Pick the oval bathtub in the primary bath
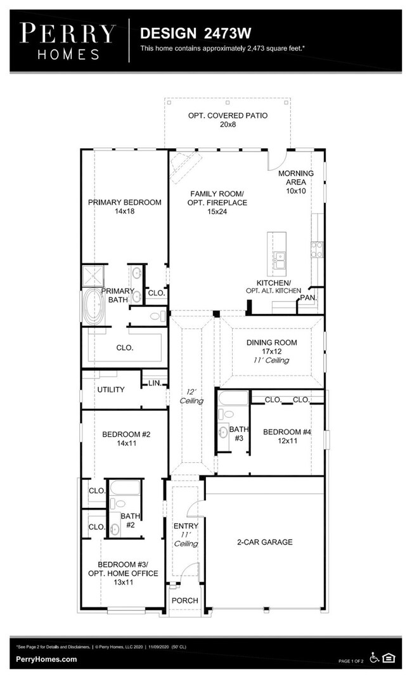coord(94,307)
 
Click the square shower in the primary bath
coord(94,276)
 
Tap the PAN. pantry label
coord(308,297)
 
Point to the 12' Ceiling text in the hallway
coord(191,396)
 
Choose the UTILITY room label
coord(110,389)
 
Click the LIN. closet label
coord(155,383)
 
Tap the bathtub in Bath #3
coord(233,399)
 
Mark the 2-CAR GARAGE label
coord(265,542)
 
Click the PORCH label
coord(186,600)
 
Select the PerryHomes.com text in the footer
coord(46,659)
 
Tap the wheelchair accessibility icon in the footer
coord(375,658)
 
